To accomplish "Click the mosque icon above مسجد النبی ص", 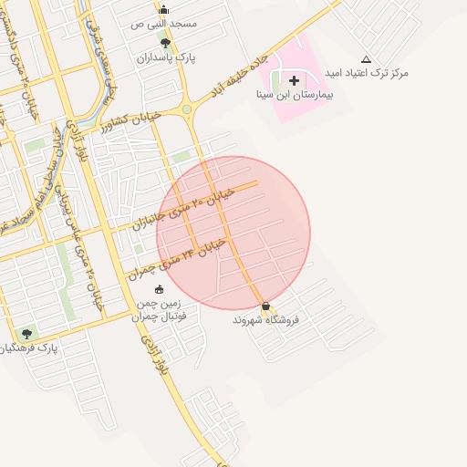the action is (164, 9).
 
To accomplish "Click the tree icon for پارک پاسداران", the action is (164, 43).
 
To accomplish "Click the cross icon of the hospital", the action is (294, 80).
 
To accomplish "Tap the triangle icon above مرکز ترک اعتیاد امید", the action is (366, 58).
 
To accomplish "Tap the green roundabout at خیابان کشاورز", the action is (187, 109).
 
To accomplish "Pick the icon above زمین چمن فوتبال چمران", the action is (160, 289).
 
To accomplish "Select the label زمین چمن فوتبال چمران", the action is (159, 309).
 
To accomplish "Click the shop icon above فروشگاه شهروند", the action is (265, 306).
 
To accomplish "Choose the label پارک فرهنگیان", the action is (29, 348).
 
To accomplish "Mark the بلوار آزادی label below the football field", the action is (153, 355).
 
